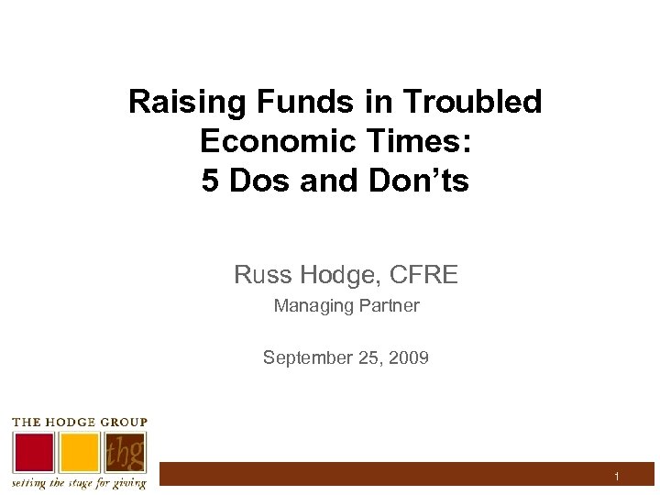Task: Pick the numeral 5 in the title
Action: point(211,181)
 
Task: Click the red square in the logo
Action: point(33,452)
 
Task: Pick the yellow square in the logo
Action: point(79,452)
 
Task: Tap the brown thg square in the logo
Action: point(124,452)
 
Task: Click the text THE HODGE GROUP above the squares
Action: point(79,422)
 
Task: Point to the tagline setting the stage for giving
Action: point(78,483)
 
